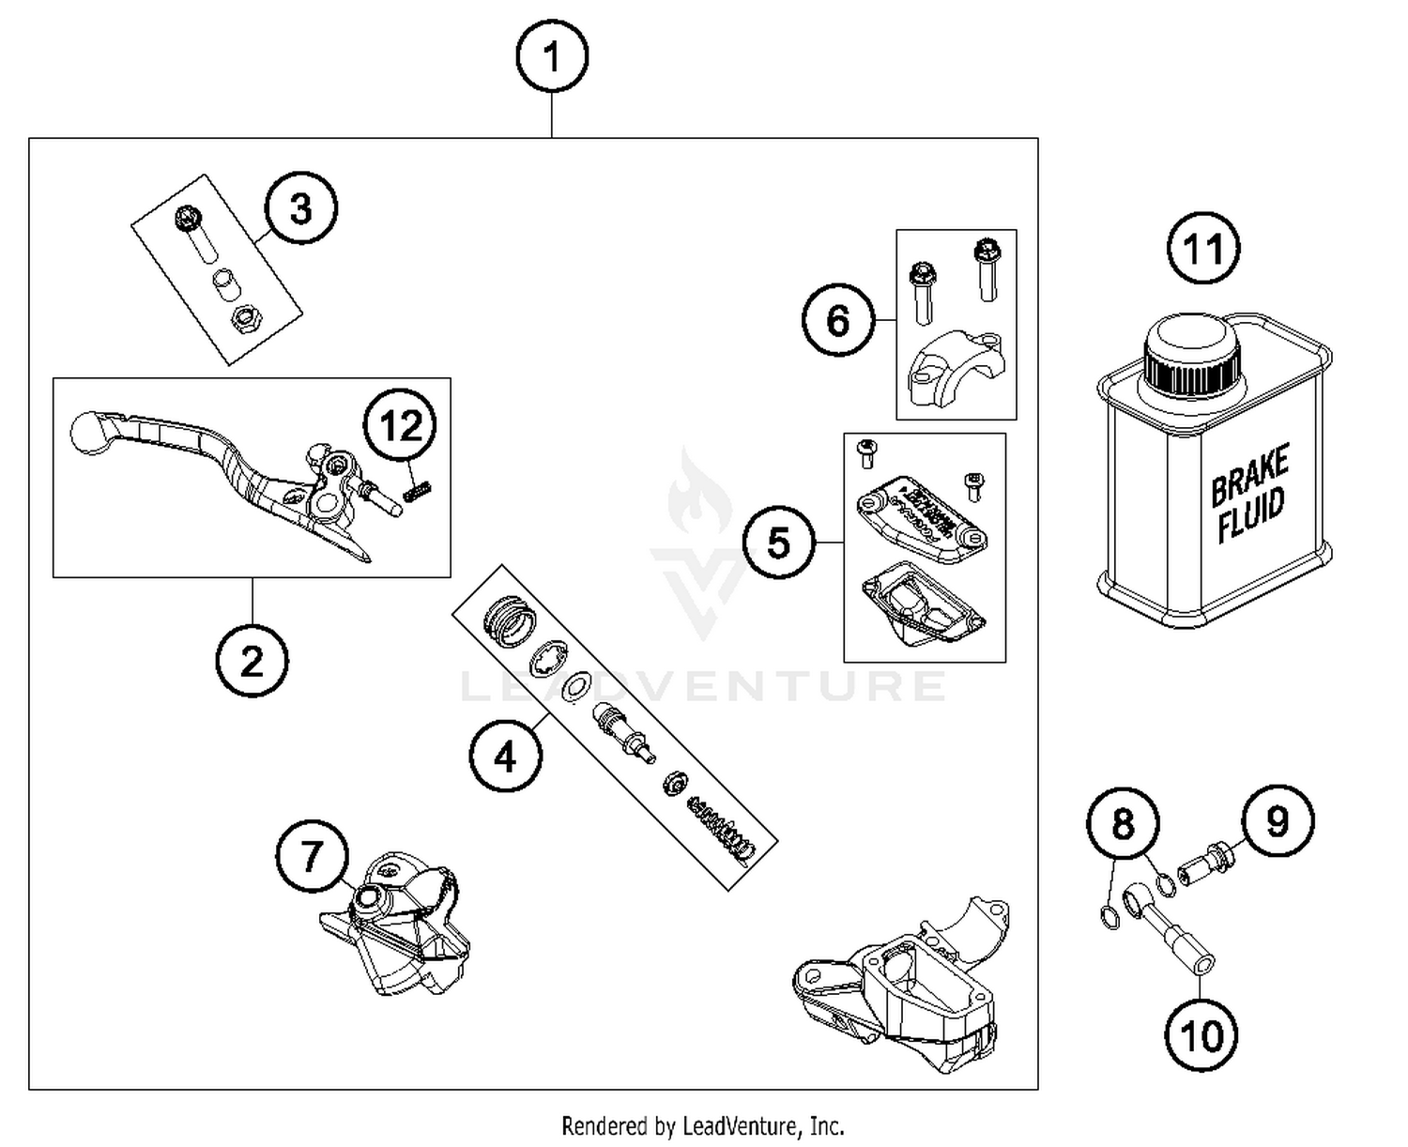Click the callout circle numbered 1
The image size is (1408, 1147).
click(552, 57)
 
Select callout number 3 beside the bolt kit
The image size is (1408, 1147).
click(300, 207)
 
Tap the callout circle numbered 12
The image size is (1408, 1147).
click(401, 427)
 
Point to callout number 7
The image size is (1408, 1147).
click(312, 856)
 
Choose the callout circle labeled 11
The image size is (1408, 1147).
click(1203, 250)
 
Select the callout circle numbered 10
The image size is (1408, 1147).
click(1201, 1035)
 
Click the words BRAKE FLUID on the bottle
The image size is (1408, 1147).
click(1249, 493)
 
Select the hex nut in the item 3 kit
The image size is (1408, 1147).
click(245, 322)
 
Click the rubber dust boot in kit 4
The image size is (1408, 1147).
click(508, 619)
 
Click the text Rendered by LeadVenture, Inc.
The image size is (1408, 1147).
click(702, 1125)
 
